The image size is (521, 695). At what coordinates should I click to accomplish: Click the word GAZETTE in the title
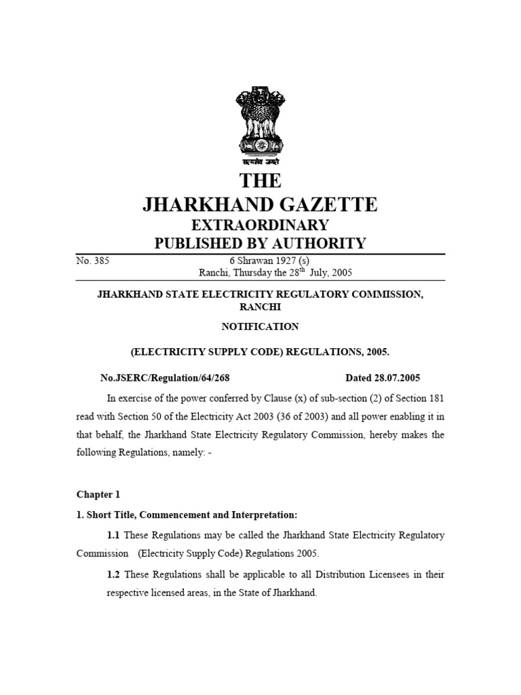(x=324, y=204)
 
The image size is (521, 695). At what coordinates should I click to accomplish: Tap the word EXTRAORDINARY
(x=260, y=225)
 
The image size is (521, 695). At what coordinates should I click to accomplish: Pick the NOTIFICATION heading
(x=260, y=326)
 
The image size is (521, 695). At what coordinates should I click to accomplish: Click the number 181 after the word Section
(x=436, y=397)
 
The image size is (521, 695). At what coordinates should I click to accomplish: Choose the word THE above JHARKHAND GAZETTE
(x=260, y=181)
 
